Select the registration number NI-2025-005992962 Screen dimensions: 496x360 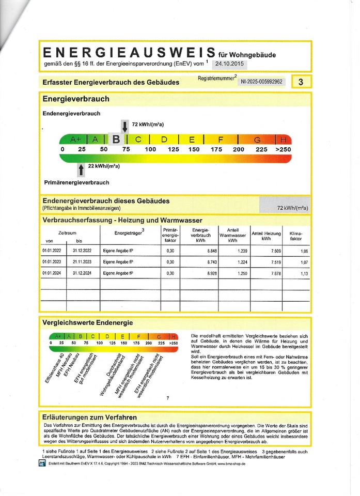pyautogui.click(x=262, y=82)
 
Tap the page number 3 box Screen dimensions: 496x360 pyautogui.click(x=301, y=82)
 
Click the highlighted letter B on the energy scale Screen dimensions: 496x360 pyautogui.click(x=116, y=139)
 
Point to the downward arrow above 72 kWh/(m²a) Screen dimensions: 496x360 pyautogui.click(x=125, y=126)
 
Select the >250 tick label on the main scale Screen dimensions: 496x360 pyautogui.click(x=284, y=149)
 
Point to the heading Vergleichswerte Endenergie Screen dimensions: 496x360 pyautogui.click(x=87, y=322)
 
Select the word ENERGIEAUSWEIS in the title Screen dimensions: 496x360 pyautogui.click(x=129, y=53)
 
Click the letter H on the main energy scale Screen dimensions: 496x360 pyautogui.click(x=283, y=139)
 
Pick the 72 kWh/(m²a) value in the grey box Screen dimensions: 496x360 pyautogui.click(x=292, y=208)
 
